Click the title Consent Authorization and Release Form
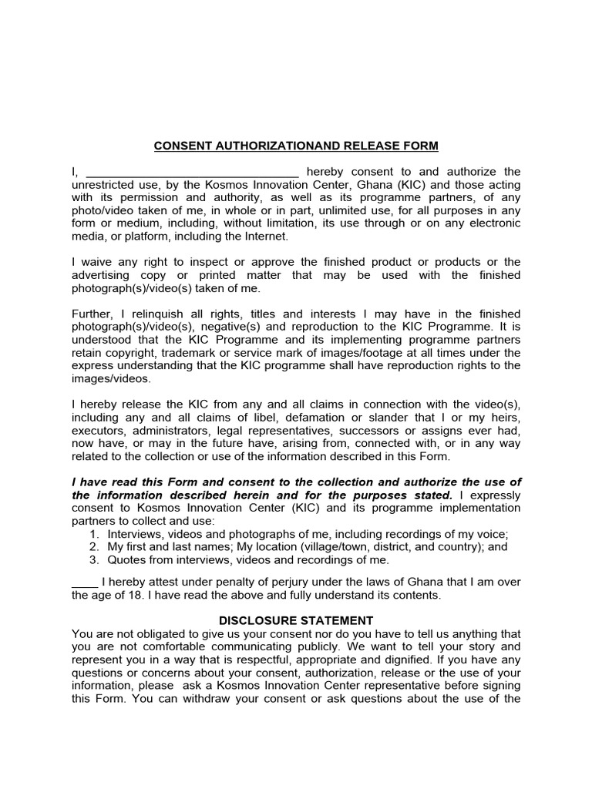click(296, 146)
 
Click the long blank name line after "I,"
click(191, 173)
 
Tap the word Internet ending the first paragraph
click(263, 237)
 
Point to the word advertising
click(103, 276)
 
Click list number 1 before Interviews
click(92, 534)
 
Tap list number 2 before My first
click(92, 547)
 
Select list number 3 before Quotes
click(92, 560)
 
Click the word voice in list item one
click(493, 534)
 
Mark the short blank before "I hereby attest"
click(85, 582)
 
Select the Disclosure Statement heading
click(296, 620)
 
